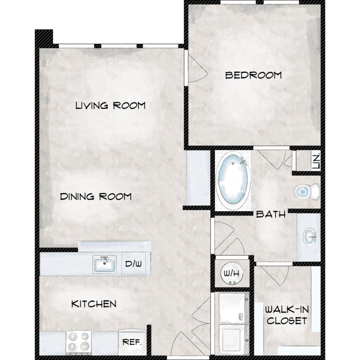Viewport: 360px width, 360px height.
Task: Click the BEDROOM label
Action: tap(253, 75)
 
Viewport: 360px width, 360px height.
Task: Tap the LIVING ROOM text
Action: tap(110, 106)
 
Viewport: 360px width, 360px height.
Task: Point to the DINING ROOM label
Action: tap(96, 196)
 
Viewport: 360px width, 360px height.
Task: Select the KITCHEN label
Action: tap(94, 304)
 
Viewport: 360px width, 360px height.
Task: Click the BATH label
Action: tap(271, 214)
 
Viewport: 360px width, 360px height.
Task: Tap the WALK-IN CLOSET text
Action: tap(287, 315)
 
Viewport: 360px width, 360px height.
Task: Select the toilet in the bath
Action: tap(307, 192)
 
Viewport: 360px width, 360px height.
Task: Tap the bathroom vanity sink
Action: tap(310, 237)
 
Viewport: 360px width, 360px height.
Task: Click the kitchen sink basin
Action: tap(105, 264)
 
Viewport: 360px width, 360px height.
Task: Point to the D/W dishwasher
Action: tap(133, 264)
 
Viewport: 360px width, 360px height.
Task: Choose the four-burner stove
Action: tap(79, 343)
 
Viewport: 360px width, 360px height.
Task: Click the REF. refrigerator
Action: tap(132, 342)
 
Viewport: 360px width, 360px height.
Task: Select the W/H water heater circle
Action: tap(232, 273)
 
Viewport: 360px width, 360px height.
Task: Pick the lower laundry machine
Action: tap(234, 340)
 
